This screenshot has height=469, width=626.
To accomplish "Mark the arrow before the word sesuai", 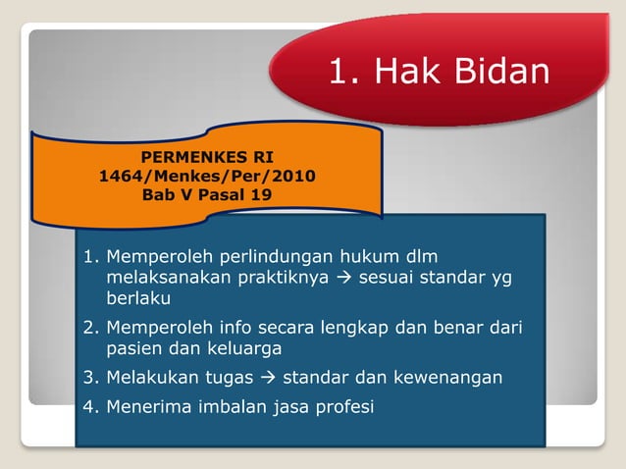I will pos(345,278).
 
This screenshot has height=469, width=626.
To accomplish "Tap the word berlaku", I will pos(139,298).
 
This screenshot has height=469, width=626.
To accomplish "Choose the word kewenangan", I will pos(447,378).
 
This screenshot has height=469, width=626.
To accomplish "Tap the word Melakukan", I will pos(153,378).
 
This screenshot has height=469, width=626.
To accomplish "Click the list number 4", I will pos(88,407).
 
